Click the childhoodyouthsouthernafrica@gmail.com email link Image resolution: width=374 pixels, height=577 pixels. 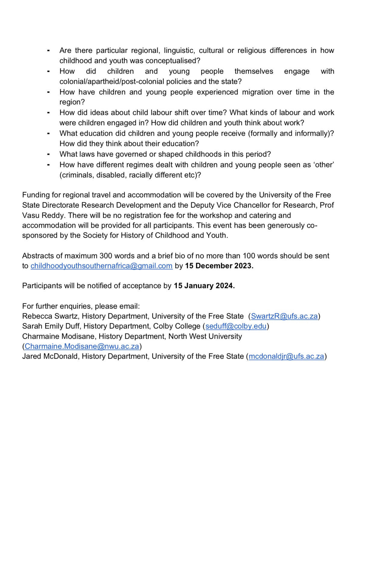(x=101, y=266)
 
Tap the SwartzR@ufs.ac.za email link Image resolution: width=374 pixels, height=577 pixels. (x=284, y=316)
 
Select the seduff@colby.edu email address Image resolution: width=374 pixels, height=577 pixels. (x=236, y=326)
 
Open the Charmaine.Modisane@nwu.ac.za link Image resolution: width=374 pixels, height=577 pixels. (x=82, y=346)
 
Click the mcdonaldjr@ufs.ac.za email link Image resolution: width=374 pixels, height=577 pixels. (x=286, y=356)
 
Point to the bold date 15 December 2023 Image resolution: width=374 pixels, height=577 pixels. (x=219, y=266)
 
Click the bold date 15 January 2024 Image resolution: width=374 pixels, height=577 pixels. (x=204, y=286)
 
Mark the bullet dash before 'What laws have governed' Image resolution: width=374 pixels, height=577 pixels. (x=48, y=154)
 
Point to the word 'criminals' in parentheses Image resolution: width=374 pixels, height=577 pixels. (x=77, y=175)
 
